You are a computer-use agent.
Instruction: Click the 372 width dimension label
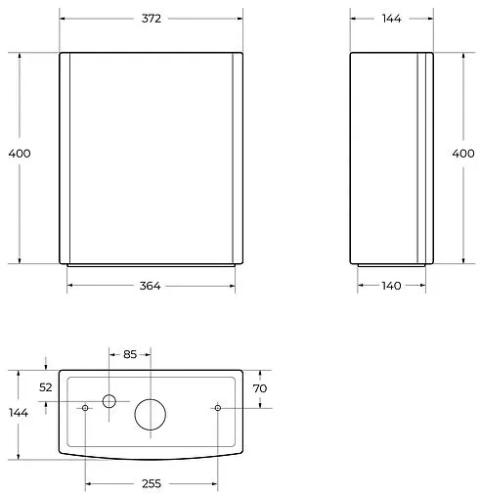click(152, 19)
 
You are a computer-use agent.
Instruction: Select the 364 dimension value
click(150, 286)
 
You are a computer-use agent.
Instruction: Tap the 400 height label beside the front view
click(20, 154)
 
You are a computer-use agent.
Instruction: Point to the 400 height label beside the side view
click(463, 154)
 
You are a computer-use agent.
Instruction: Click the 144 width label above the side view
click(391, 19)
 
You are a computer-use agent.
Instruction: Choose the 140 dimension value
click(391, 286)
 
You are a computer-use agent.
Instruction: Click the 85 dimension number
click(130, 354)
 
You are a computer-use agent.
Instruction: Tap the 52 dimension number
click(46, 387)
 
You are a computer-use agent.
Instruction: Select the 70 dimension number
click(260, 388)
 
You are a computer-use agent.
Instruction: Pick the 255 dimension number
click(152, 483)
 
